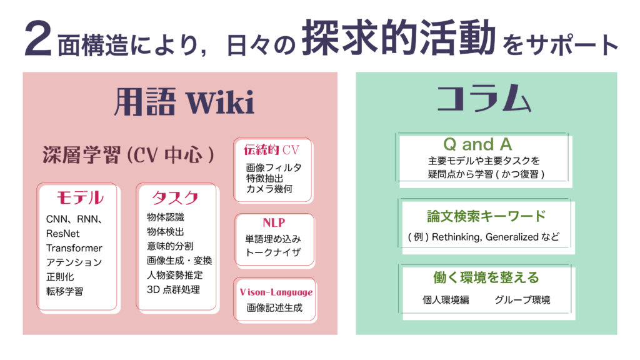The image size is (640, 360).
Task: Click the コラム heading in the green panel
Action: point(484,101)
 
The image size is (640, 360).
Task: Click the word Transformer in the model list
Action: point(74,247)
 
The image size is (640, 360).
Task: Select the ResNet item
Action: point(63,233)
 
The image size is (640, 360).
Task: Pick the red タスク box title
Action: point(175,198)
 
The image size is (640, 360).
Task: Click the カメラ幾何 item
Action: point(269,189)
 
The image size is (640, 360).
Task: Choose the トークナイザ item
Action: point(273,252)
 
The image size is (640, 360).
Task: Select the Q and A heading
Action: point(477,144)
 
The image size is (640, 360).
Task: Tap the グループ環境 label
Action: point(522,300)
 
